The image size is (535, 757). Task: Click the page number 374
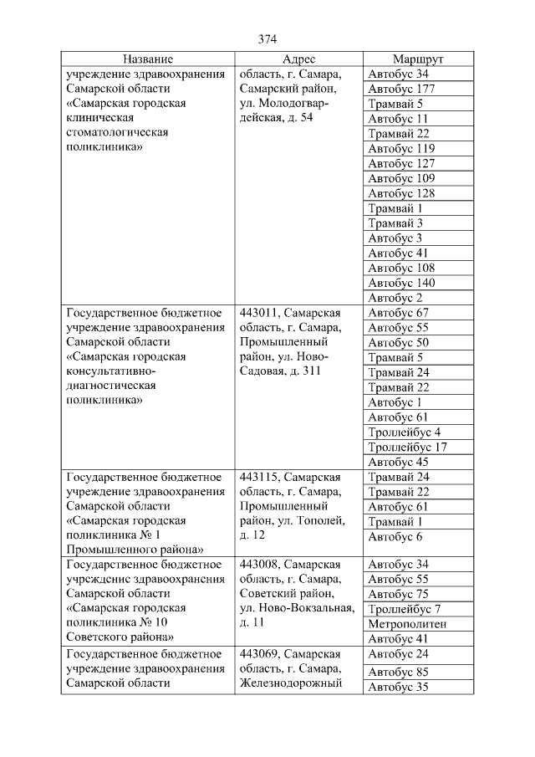tap(267, 39)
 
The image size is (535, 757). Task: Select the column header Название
tap(148, 59)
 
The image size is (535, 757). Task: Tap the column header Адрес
tap(298, 59)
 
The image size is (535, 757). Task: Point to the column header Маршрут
tap(418, 59)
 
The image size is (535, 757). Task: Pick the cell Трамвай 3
tap(395, 223)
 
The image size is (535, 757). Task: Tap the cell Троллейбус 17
tap(408, 447)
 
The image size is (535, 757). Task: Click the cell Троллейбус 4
tap(405, 432)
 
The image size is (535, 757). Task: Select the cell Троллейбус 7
tap(405, 609)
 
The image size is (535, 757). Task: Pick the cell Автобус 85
tap(398, 671)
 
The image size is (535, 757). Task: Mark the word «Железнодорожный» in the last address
tap(291, 683)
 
